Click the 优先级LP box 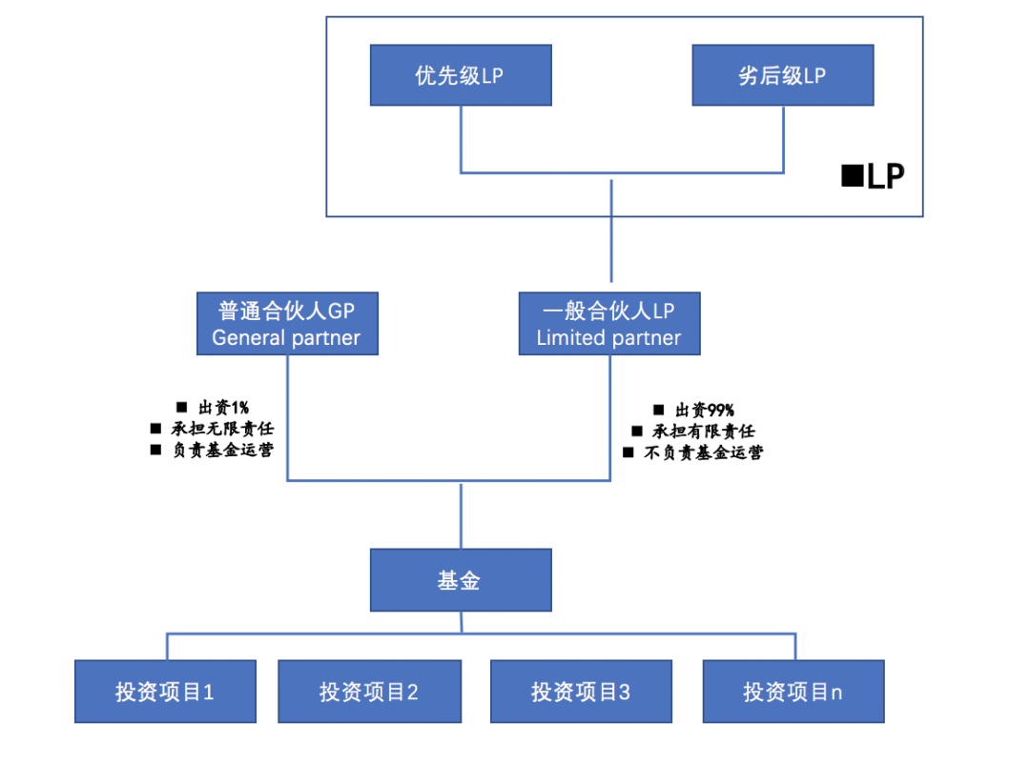(460, 76)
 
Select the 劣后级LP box (782, 76)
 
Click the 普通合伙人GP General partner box (286, 324)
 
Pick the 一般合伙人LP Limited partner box (609, 324)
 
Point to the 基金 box (460, 580)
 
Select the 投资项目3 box (581, 692)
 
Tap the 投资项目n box (793, 692)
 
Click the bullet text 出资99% (704, 411)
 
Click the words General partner (286, 338)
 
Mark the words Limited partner (609, 338)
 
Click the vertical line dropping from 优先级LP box (461, 139)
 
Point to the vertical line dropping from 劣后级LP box (783, 139)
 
